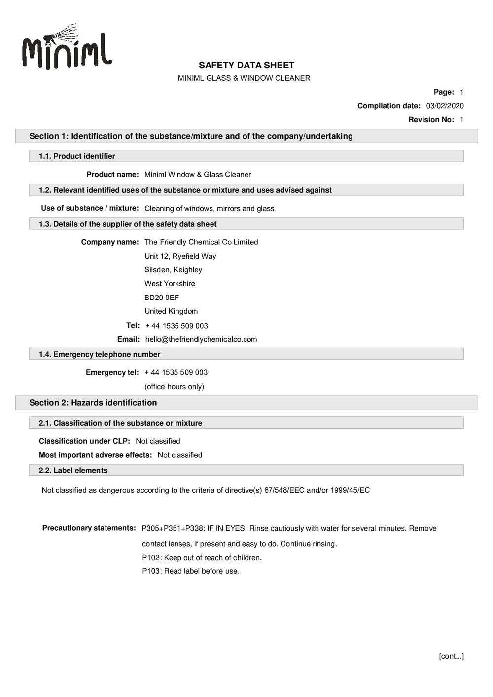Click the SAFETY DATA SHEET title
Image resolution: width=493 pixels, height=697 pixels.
(x=246, y=65)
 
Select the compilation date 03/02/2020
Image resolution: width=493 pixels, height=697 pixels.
(x=445, y=106)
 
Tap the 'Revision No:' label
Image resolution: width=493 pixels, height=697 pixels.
(x=431, y=120)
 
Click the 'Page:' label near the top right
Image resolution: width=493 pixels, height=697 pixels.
(x=444, y=92)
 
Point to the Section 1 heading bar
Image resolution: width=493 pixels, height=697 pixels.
(x=191, y=136)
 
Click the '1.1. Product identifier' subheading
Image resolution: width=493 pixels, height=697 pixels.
(x=77, y=156)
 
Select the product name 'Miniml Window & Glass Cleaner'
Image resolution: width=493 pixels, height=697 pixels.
(x=197, y=175)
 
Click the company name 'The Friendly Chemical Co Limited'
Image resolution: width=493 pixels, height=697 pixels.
(x=201, y=242)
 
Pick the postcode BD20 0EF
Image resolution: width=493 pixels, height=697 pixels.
(x=162, y=298)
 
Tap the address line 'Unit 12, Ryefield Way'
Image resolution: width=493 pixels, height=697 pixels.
(x=180, y=256)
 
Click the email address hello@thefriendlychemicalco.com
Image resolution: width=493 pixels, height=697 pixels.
(x=201, y=339)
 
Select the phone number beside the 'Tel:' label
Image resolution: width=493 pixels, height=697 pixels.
(x=176, y=326)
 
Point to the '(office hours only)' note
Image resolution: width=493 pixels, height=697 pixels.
(x=174, y=387)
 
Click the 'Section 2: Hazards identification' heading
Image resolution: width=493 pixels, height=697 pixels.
(x=93, y=403)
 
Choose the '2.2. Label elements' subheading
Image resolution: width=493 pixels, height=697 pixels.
(x=73, y=471)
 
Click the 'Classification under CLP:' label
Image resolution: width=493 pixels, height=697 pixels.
(x=84, y=441)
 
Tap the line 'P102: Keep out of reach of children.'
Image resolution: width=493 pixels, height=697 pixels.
(x=202, y=558)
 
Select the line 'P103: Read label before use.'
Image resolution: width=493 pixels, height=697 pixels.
(x=190, y=571)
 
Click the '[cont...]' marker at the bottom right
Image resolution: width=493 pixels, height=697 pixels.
(x=451, y=656)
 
